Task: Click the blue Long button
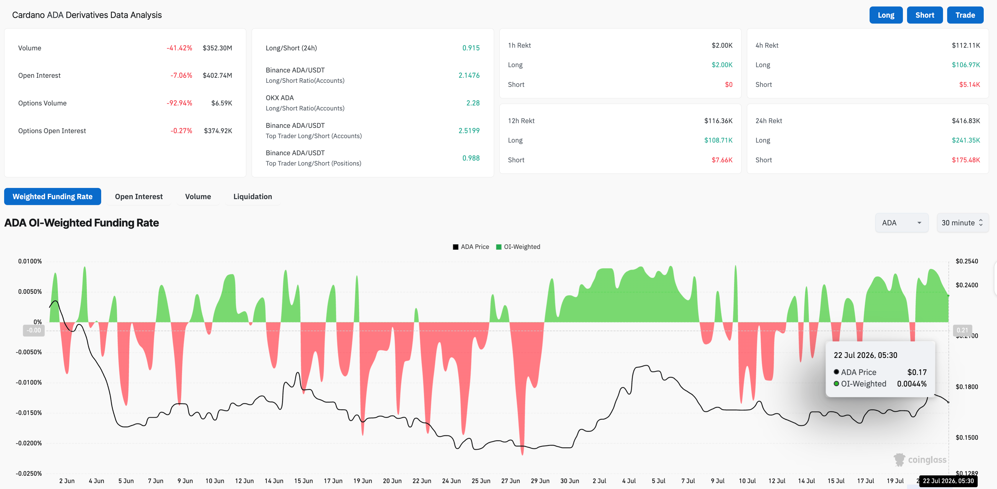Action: point(886,15)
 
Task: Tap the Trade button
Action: point(965,15)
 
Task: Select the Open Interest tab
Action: point(139,196)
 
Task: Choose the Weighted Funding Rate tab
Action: point(53,196)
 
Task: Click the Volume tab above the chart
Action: point(198,196)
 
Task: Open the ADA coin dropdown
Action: point(901,223)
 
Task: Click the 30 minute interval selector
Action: point(962,223)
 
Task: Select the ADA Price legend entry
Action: point(471,247)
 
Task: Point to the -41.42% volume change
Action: point(179,48)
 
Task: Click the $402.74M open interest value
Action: point(217,75)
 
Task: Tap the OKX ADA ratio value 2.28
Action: point(473,103)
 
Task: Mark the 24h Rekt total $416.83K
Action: point(966,120)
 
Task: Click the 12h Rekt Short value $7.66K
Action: point(722,160)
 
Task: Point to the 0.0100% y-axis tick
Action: point(30,261)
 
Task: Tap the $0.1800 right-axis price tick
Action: point(966,386)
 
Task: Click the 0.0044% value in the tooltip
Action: point(911,384)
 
